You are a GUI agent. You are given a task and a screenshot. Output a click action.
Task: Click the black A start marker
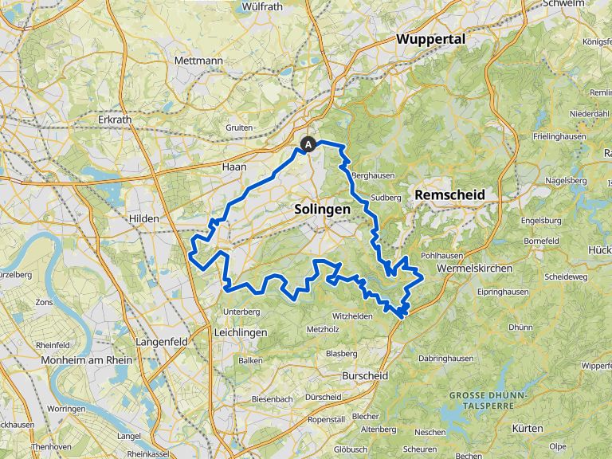308,144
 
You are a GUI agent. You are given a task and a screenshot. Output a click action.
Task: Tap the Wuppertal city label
430,39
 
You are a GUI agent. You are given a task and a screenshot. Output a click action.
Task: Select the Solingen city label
322,208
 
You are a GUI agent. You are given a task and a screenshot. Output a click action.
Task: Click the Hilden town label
144,218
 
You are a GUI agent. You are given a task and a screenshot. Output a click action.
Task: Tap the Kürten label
528,428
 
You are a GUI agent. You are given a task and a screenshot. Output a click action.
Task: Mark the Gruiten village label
239,127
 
